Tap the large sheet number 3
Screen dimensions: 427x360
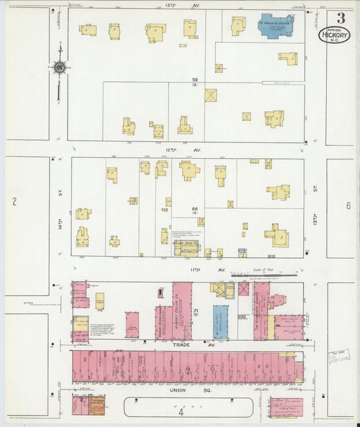pos(341,18)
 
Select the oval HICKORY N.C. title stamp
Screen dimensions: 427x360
pos(334,35)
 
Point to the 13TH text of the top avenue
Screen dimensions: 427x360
pos(170,5)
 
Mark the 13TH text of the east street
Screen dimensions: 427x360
pos(315,218)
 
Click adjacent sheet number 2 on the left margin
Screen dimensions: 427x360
pos(14,201)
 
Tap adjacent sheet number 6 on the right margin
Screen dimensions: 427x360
pos(348,205)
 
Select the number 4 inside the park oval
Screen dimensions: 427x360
pos(181,410)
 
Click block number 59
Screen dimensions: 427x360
pos(195,80)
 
